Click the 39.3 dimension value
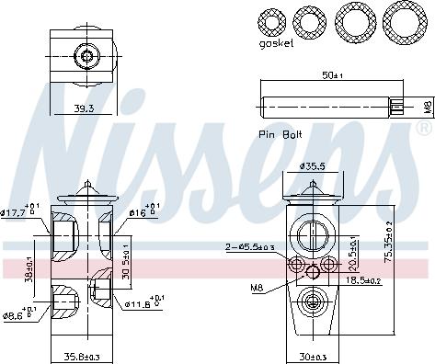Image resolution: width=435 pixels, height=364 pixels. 85,108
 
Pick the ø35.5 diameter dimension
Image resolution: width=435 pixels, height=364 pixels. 315,167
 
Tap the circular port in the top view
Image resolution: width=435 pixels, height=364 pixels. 86,57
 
